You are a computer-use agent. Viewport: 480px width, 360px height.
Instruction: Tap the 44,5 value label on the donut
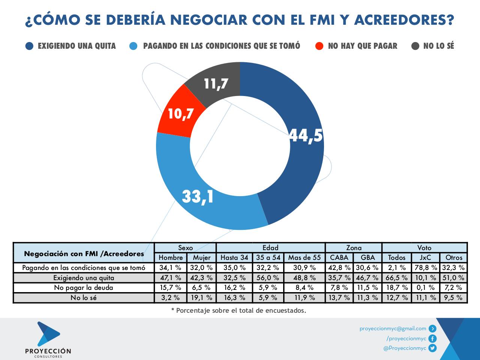306,135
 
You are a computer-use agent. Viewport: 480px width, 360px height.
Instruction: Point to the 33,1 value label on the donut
198,196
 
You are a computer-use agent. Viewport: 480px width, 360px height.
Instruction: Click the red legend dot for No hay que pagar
319,46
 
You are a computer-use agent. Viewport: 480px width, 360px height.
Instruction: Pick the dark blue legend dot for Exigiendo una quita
30,46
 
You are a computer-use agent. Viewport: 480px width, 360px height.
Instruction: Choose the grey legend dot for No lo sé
415,46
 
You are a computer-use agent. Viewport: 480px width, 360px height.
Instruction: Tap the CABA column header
339,258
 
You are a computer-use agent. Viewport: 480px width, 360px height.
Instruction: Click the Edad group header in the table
270,247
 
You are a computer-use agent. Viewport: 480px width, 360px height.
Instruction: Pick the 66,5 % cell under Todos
396,278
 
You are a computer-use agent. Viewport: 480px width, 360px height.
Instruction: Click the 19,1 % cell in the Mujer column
201,298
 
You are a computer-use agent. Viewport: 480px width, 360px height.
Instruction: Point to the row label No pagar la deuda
83,288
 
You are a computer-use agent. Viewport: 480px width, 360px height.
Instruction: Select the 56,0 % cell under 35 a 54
268,278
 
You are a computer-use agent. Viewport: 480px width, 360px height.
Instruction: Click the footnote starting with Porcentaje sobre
238,310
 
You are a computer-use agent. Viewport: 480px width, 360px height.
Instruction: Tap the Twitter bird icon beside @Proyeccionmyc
433,348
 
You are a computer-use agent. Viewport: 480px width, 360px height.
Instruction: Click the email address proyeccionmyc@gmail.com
393,328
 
